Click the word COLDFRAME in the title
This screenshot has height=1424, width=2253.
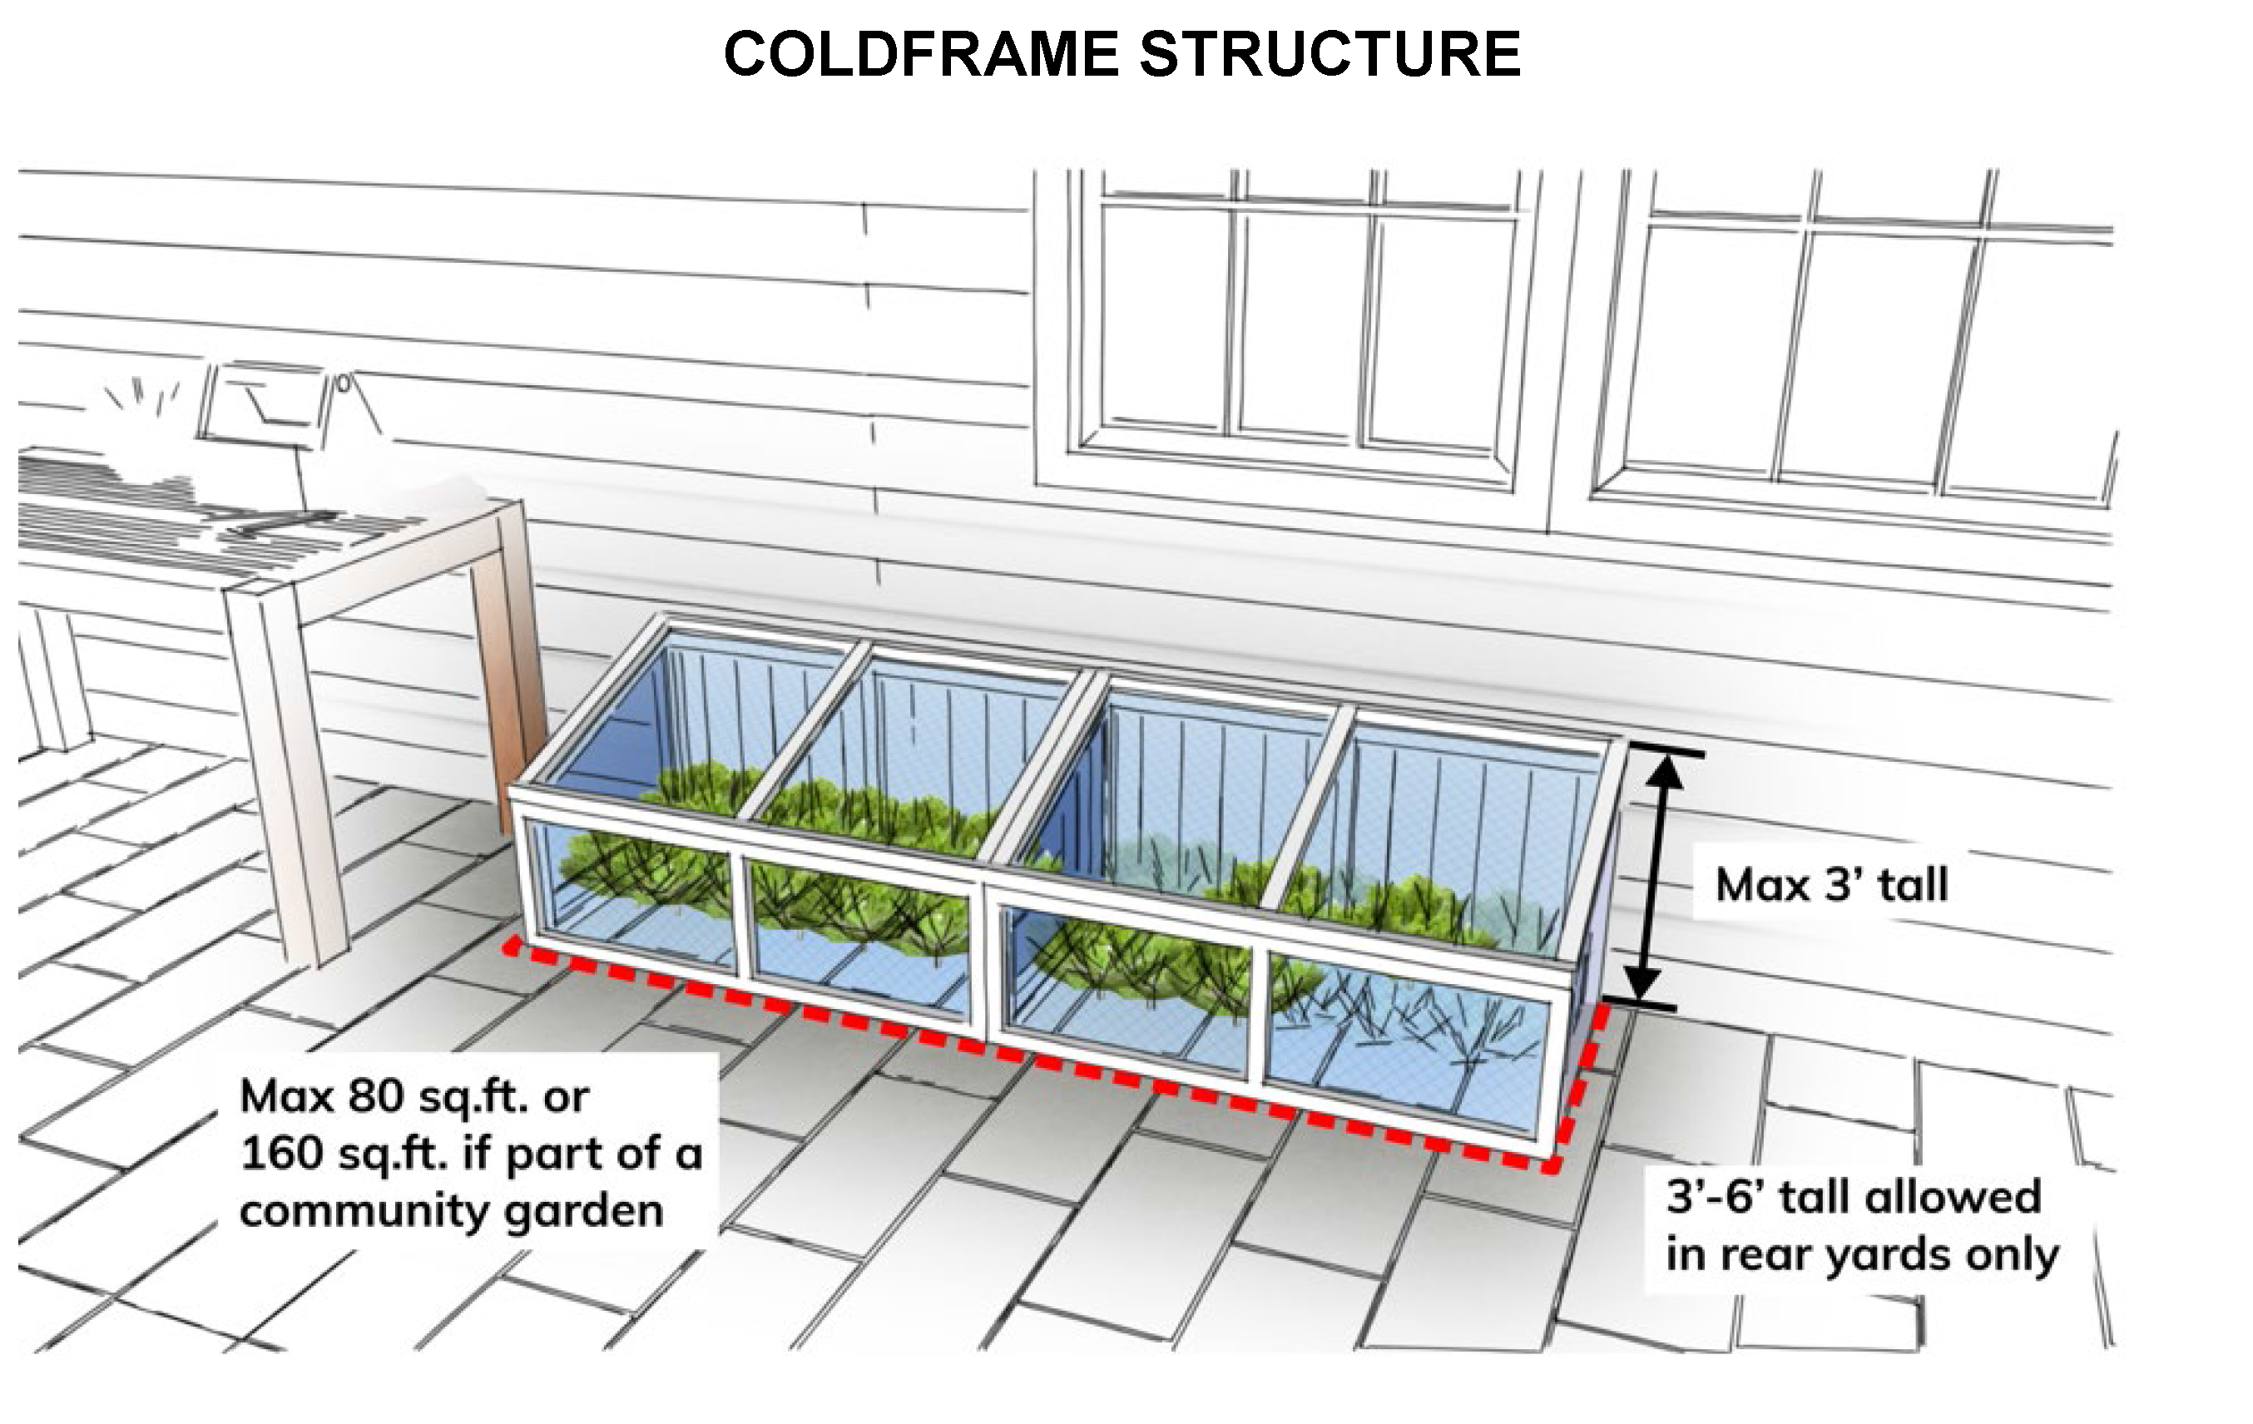pos(921,54)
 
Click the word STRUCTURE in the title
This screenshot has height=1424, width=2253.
pos(1329,54)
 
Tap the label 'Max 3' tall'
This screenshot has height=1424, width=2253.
pos(1831,885)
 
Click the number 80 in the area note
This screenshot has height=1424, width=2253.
pos(375,1096)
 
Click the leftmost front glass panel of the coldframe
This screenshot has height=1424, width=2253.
pos(631,893)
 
